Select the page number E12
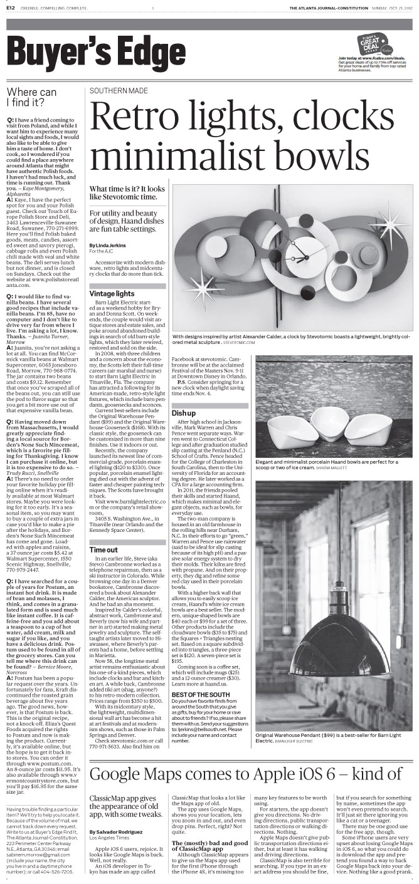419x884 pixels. click(x=12, y=8)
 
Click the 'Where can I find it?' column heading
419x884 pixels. click(x=31, y=96)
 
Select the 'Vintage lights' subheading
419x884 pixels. click(x=112, y=293)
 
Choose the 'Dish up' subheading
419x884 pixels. click(x=183, y=413)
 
